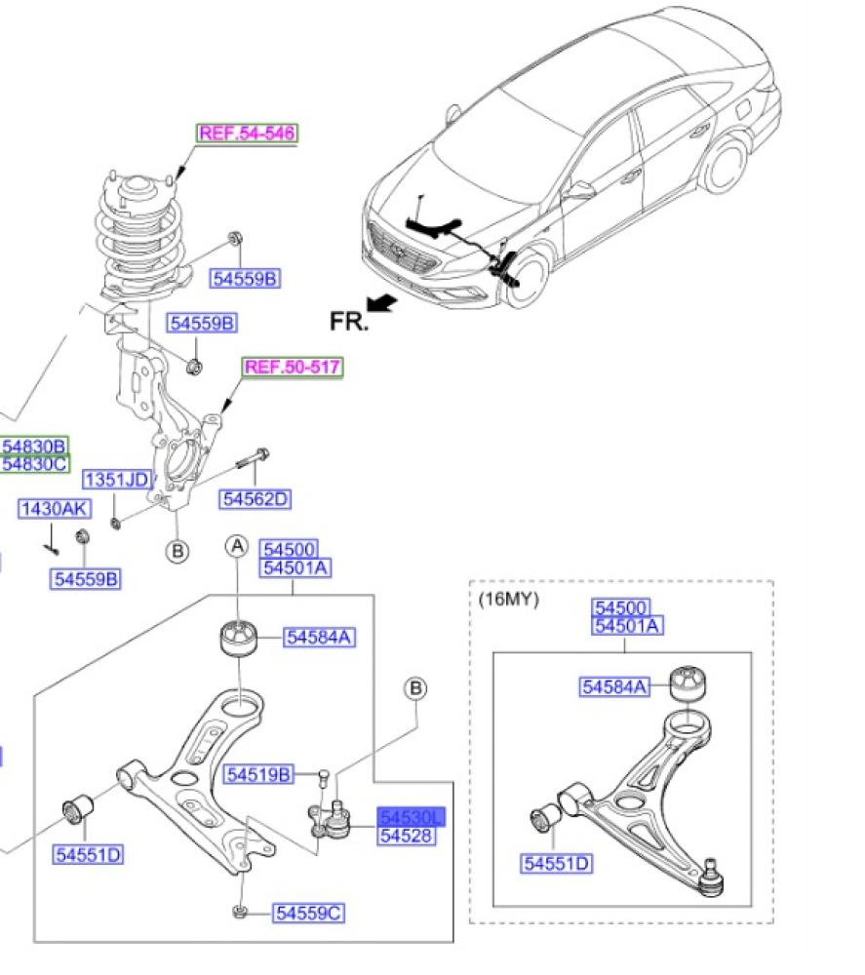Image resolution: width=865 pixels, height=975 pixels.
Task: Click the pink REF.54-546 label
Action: (x=248, y=133)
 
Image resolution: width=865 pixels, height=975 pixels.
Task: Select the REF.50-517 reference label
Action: (x=293, y=368)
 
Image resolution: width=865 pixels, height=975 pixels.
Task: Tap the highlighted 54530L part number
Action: (x=410, y=817)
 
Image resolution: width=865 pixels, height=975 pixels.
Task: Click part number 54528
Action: (x=407, y=836)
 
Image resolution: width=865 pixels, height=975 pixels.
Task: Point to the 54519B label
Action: (x=257, y=775)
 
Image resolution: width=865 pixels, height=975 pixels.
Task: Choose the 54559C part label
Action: (x=309, y=914)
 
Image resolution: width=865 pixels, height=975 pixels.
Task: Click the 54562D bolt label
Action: (x=256, y=499)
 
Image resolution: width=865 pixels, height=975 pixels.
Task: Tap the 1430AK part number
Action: (x=54, y=509)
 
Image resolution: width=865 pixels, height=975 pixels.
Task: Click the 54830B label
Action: (x=34, y=447)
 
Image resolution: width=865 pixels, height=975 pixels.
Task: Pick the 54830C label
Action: (x=34, y=463)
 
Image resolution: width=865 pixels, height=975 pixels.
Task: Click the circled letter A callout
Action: (x=237, y=547)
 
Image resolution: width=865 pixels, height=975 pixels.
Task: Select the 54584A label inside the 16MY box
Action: (x=615, y=686)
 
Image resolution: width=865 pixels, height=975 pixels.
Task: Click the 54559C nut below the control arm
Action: (x=240, y=913)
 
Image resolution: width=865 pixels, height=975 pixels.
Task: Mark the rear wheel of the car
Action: (x=727, y=165)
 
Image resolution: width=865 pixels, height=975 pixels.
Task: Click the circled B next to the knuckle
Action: (x=177, y=551)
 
